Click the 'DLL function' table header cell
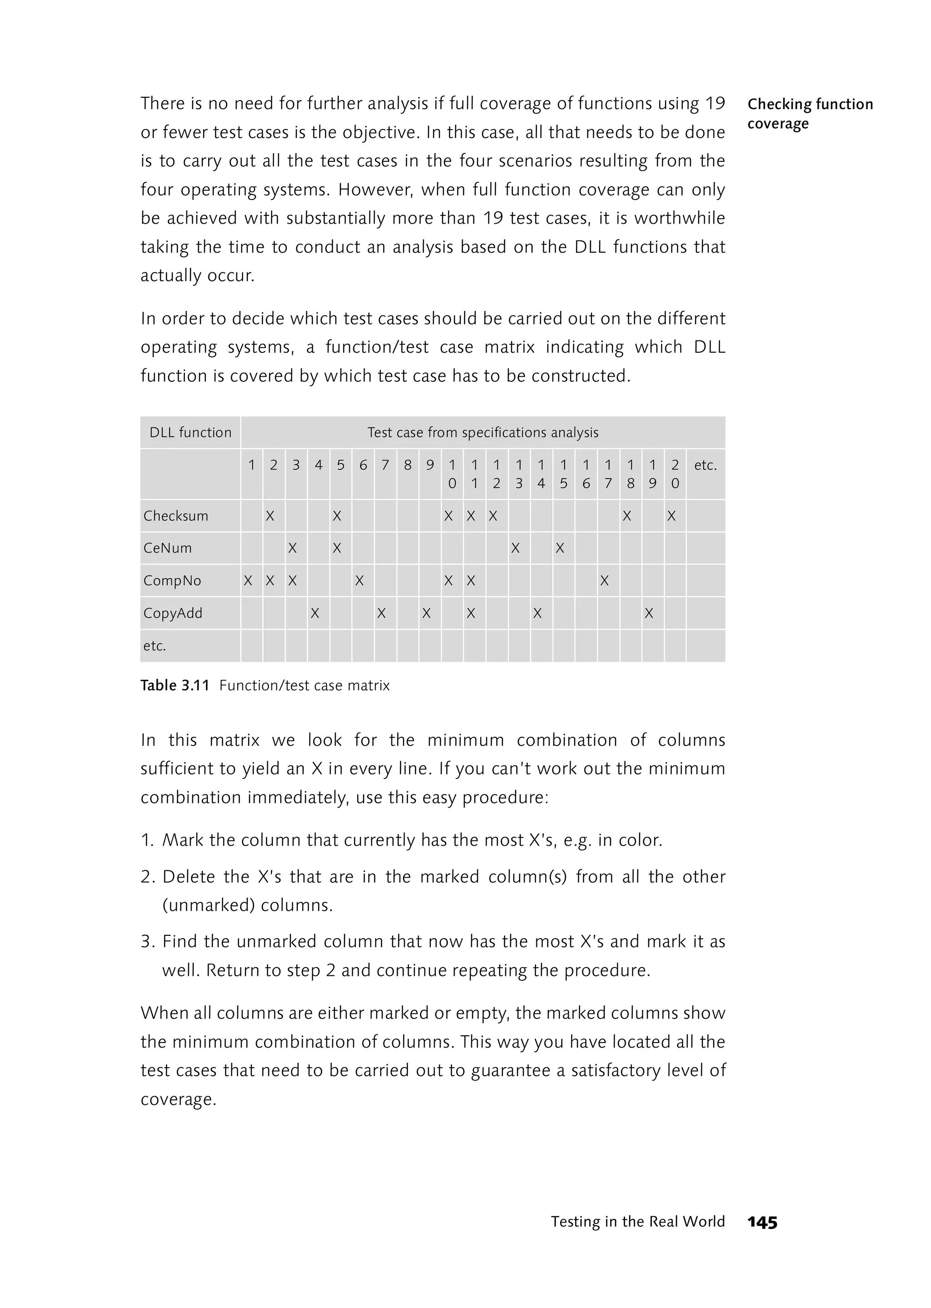190,432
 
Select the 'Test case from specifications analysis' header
483,432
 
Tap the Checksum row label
176,516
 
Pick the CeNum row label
168,548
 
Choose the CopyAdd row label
173,613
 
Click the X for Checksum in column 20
671,516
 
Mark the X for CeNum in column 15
560,548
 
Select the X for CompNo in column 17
604,581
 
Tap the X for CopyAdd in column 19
649,613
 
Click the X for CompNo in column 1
248,581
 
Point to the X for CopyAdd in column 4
315,613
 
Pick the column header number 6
363,465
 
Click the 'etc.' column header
705,465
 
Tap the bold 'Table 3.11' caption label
175,685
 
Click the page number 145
762,1223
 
